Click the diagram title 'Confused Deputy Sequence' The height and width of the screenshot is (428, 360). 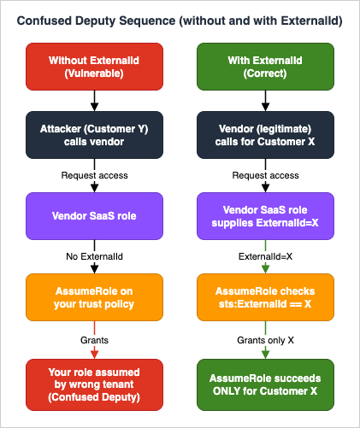[96, 21]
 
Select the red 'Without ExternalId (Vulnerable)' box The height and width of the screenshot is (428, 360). [94, 67]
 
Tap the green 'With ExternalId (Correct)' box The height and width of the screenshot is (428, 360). [265, 67]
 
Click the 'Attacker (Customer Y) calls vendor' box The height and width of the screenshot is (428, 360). [94, 135]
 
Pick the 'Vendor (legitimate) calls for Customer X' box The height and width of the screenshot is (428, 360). [265, 135]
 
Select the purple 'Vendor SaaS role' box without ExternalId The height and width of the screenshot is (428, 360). [94, 216]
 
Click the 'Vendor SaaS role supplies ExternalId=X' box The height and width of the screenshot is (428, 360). [265, 216]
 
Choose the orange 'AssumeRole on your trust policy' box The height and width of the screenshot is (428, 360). [94, 297]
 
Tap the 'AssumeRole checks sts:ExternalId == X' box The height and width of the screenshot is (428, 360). [265, 297]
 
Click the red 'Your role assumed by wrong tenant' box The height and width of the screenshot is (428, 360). [94, 384]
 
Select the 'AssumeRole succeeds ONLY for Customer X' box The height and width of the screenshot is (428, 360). [265, 384]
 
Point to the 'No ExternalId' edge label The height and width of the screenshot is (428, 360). [94, 256]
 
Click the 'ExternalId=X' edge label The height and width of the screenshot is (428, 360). [265, 256]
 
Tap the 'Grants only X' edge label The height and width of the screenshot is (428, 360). [265, 340]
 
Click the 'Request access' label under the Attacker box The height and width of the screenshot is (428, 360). [94, 175]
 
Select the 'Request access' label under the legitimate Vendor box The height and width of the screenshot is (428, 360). [265, 175]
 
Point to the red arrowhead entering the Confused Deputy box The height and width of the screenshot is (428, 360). [94, 355]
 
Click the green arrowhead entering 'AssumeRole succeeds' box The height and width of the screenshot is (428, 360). [265, 355]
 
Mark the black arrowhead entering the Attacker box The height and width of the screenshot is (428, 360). [94, 107]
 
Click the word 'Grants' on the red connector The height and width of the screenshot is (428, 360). [94, 340]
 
